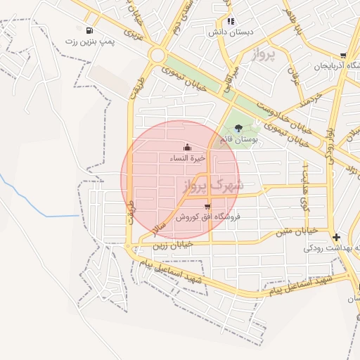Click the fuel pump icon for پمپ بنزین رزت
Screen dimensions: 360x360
pos(89,30)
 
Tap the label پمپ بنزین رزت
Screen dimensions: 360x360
pos(89,41)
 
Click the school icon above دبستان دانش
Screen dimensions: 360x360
pos(231,21)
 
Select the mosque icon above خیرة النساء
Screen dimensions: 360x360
pos(187,147)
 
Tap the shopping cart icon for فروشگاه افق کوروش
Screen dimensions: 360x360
pos(207,206)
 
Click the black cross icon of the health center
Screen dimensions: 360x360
pos(336,237)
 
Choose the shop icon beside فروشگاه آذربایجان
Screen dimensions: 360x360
pos(342,56)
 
